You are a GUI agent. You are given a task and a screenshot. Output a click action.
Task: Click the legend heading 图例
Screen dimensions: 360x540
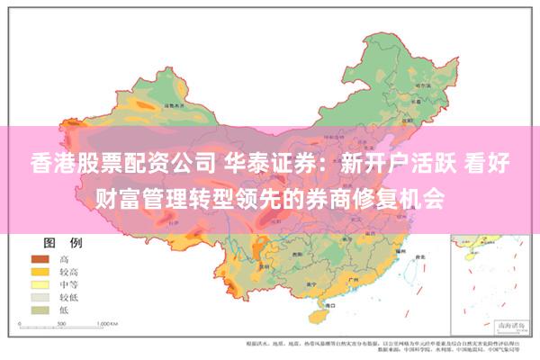(63, 243)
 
